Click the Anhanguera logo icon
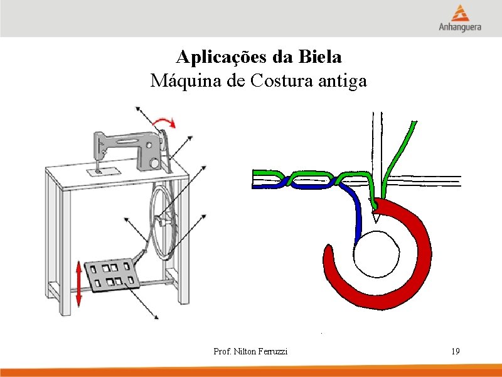(461, 13)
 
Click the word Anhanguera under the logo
(461, 28)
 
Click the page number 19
(455, 351)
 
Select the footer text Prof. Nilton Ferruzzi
(250, 351)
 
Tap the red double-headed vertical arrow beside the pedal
(78, 284)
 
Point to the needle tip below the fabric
(376, 217)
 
